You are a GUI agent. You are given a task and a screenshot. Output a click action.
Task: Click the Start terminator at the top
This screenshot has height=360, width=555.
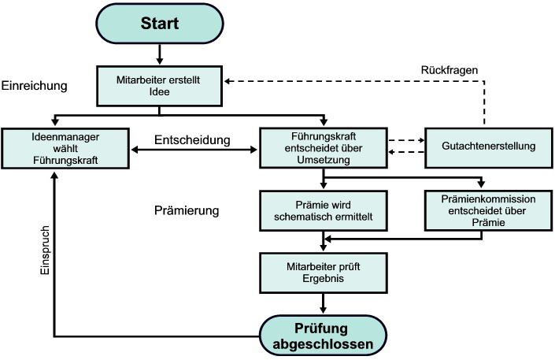pyautogui.click(x=161, y=23)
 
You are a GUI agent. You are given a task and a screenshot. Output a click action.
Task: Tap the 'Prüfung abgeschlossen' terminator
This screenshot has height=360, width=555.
pyautogui.click(x=323, y=335)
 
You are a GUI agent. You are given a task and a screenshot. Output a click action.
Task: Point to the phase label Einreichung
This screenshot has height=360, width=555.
pyautogui.click(x=34, y=84)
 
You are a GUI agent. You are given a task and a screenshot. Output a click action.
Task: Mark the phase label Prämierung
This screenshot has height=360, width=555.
pyautogui.click(x=186, y=212)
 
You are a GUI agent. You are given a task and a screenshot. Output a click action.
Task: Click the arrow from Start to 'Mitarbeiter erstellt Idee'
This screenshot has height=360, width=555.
pyautogui.click(x=161, y=54)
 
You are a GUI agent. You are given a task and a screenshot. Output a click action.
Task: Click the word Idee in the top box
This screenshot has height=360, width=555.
pyautogui.click(x=161, y=92)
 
